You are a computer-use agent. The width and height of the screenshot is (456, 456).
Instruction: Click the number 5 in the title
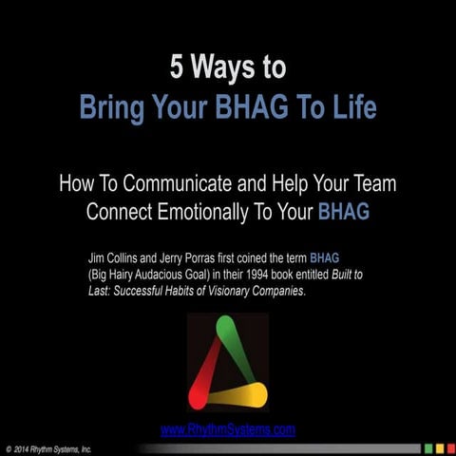point(177,68)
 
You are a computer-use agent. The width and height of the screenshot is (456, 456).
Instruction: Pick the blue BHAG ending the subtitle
point(343,212)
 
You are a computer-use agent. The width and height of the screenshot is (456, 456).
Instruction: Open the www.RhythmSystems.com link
point(228,429)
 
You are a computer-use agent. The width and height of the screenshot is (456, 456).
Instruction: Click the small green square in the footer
point(428,447)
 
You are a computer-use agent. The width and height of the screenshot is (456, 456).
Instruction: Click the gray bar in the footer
point(285,447)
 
